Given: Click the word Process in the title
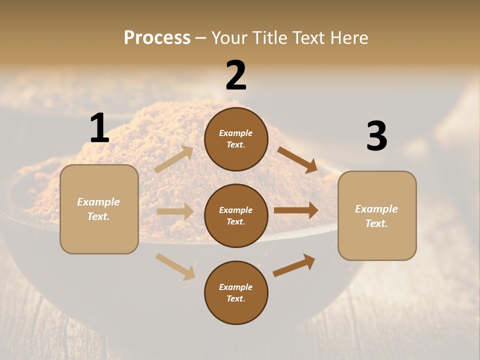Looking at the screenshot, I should [157, 37].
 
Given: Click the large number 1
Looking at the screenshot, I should [99, 128].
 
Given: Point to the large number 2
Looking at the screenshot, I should [236, 75].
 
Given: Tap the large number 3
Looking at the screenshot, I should [376, 136].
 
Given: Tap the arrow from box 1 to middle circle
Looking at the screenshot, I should [175, 211].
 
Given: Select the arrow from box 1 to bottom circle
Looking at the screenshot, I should [175, 266].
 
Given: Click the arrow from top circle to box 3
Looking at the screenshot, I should [297, 160].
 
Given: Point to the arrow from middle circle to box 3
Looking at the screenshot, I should [296, 210].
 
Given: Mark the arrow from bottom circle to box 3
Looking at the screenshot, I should [294, 265].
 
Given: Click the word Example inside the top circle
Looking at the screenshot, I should [236, 133].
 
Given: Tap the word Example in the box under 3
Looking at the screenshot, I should [376, 209].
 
